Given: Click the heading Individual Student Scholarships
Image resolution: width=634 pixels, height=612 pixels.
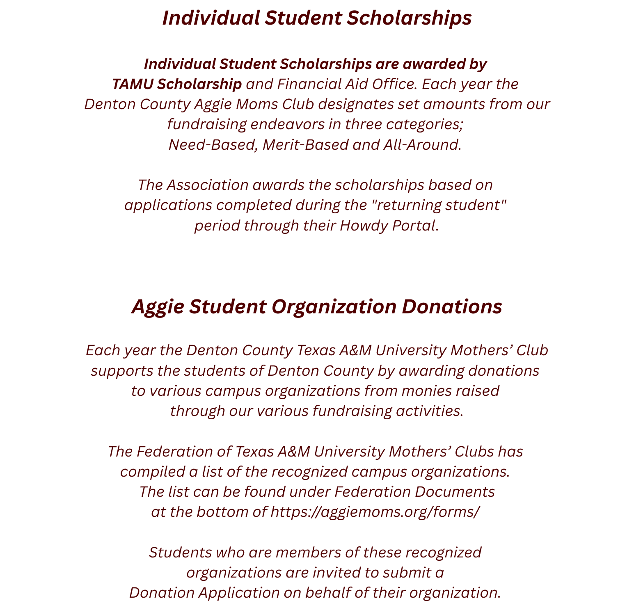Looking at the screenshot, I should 317,18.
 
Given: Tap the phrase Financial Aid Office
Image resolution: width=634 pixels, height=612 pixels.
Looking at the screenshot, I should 346,84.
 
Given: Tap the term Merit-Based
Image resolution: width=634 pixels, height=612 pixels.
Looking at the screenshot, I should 305,145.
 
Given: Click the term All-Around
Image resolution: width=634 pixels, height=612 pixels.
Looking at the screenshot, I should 421,145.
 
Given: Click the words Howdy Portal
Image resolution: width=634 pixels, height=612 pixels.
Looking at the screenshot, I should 387,226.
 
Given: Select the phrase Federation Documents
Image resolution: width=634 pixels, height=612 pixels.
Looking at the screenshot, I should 414,492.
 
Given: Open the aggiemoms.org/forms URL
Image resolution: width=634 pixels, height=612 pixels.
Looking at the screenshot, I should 375,512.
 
